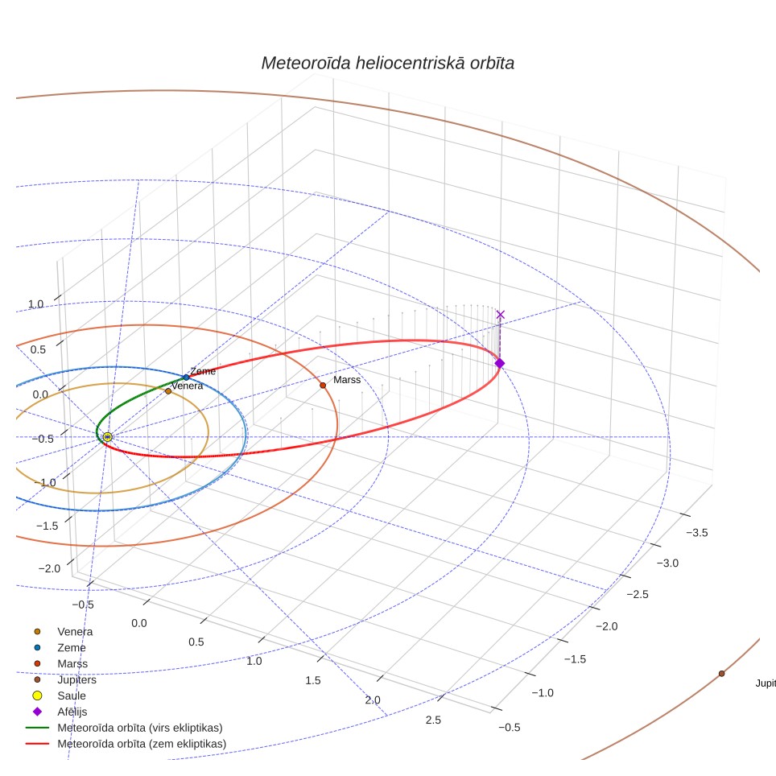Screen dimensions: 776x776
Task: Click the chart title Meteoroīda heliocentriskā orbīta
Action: (387, 64)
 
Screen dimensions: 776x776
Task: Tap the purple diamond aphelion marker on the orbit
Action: (500, 364)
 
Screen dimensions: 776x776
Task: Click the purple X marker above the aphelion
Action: (501, 315)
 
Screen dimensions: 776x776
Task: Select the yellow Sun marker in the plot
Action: (107, 437)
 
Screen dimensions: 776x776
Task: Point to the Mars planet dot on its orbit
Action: (323, 386)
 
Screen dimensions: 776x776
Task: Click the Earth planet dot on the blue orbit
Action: (186, 378)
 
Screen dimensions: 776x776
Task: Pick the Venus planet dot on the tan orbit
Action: (168, 391)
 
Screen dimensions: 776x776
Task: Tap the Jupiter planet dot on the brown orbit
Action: (721, 674)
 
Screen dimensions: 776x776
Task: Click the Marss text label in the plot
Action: (347, 380)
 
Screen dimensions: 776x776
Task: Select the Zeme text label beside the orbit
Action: (203, 371)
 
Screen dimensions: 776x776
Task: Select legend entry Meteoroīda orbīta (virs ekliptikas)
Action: (124, 728)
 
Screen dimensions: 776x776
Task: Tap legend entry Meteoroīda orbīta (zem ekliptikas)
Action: (126, 744)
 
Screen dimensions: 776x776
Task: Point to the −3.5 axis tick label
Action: (697, 533)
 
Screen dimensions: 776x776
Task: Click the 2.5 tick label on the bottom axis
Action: (433, 720)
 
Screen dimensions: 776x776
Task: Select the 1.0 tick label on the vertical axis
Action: (35, 303)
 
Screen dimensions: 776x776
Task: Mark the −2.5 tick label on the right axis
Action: (638, 594)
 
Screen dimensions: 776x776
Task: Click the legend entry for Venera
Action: (63, 632)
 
